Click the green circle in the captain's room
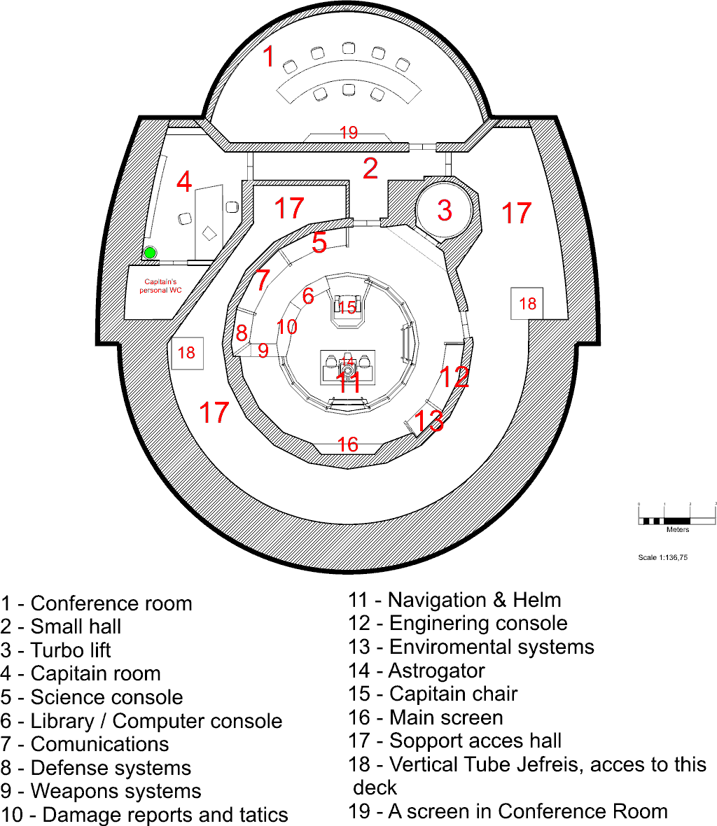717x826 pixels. tap(150, 253)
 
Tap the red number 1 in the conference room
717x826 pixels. tap(269, 57)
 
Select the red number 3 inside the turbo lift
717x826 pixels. tap(445, 209)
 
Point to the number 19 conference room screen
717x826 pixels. tap(349, 132)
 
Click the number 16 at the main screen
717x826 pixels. tap(348, 444)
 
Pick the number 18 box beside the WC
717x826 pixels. tap(187, 352)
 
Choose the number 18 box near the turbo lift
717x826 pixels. tap(527, 303)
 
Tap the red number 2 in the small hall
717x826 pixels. tap(370, 168)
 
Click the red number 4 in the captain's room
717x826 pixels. tap(184, 181)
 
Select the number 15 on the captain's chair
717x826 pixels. tap(347, 307)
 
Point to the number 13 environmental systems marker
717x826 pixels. tap(429, 421)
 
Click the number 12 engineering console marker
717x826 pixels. tap(455, 377)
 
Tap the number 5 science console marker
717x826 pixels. tap(319, 242)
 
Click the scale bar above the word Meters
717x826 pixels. tap(677, 520)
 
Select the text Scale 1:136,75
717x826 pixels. tap(662, 558)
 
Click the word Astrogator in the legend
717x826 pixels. tap(436, 671)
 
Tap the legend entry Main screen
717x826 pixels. tap(446, 717)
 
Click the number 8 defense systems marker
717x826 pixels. tap(241, 332)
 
